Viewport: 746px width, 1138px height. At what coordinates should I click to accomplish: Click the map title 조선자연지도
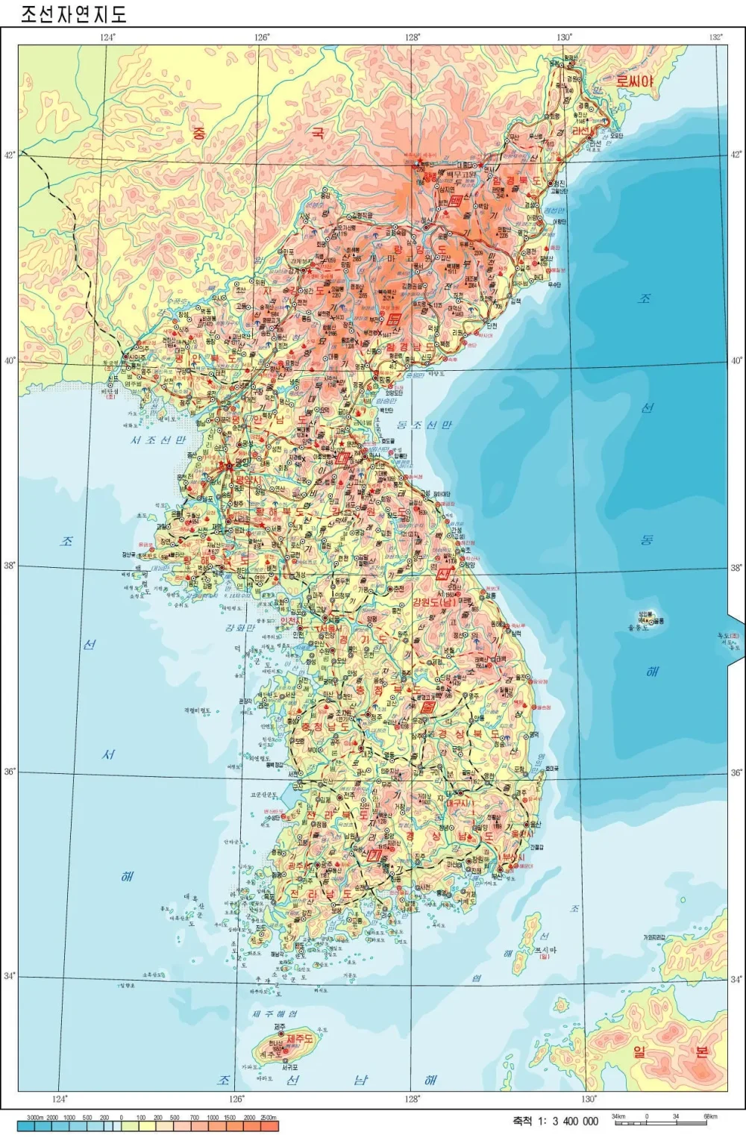pos(72,13)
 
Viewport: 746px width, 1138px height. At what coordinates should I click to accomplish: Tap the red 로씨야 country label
pos(634,81)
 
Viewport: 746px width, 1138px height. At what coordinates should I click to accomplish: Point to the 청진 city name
pos(557,184)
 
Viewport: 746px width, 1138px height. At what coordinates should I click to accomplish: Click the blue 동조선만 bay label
pos(423,425)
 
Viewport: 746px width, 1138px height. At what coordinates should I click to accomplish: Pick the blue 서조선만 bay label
pos(157,440)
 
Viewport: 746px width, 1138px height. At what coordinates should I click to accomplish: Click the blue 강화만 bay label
pos(240,628)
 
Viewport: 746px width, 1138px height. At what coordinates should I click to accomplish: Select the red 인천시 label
pos(290,622)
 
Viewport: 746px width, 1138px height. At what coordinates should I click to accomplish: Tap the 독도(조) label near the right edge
pos(728,637)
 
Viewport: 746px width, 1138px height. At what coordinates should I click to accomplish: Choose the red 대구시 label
pos(460,804)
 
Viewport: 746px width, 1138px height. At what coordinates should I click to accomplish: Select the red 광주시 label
pos(298,865)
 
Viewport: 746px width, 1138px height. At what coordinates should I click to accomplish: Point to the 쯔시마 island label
pos(544,950)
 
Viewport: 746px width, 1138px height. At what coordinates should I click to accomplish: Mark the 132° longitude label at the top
pos(715,37)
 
